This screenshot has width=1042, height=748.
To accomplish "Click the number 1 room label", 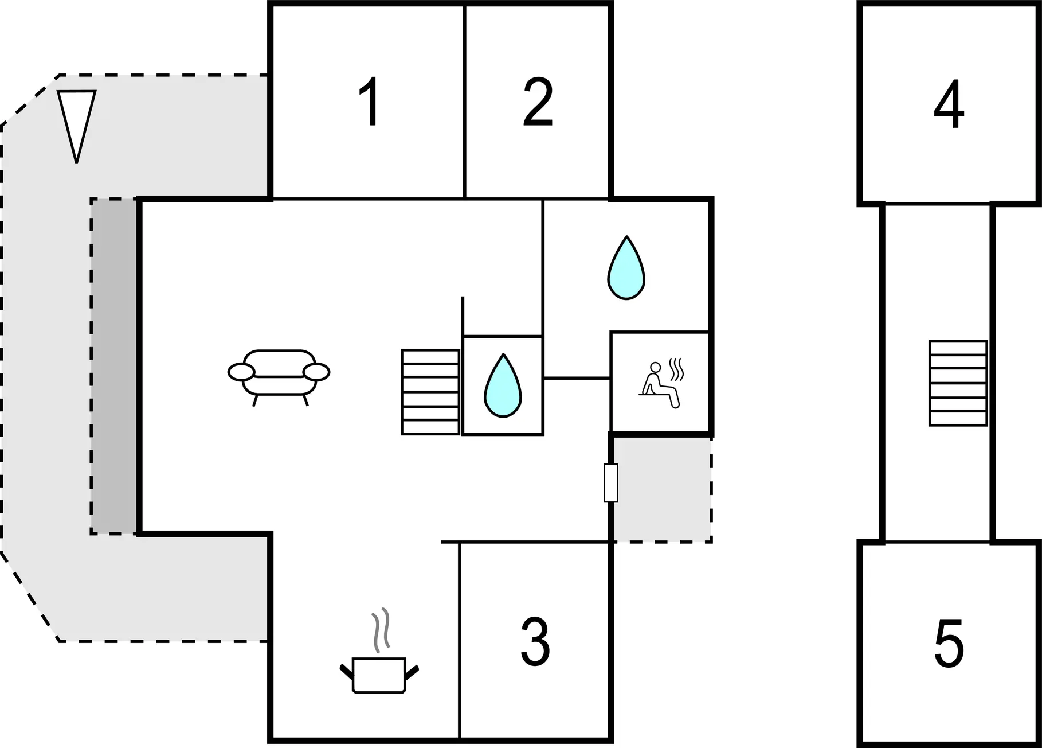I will (371, 102).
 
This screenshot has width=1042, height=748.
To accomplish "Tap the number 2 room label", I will (538, 103).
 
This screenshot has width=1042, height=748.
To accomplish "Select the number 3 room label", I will (535, 642).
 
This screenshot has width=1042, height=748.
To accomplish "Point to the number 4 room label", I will (949, 104).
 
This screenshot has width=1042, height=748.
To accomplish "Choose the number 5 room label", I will (949, 643).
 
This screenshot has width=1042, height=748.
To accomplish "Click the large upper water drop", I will (626, 268).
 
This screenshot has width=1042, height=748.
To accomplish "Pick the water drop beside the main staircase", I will (503, 385).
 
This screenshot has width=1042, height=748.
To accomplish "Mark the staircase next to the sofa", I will (430, 392).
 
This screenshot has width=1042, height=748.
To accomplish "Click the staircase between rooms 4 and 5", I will (958, 383).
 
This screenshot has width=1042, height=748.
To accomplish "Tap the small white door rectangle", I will (611, 483).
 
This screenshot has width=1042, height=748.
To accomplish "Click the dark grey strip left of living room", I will (113, 367).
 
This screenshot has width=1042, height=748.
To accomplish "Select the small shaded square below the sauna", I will (663, 489).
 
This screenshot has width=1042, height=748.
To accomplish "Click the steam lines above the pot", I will (381, 630).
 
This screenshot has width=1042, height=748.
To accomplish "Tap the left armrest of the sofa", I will (241, 372).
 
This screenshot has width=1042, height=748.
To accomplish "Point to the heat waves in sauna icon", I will (676, 369).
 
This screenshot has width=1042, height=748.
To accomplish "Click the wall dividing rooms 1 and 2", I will (464, 102).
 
